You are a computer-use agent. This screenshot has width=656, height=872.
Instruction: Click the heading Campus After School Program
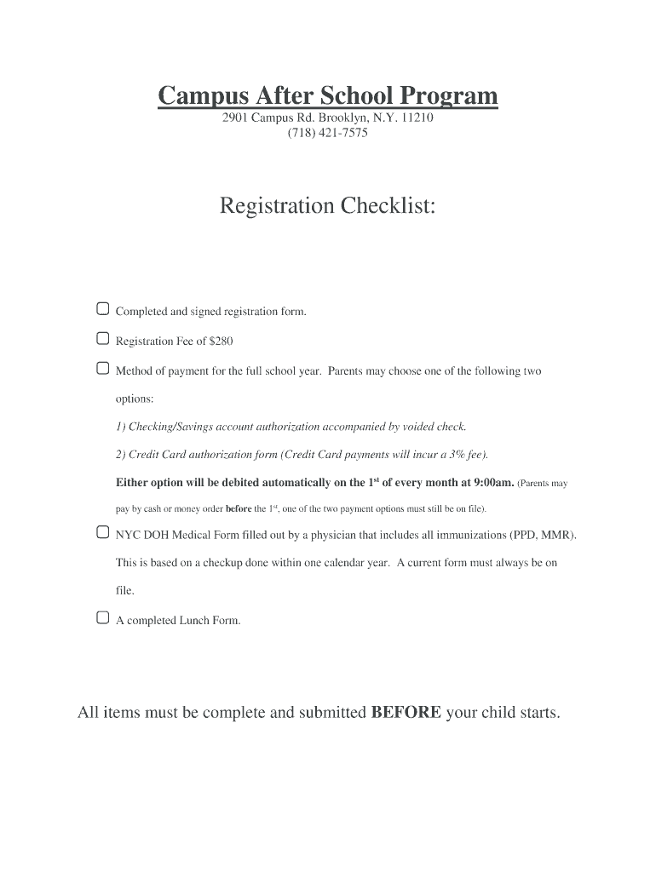click(328, 96)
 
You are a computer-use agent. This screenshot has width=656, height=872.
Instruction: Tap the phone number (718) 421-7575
click(328, 134)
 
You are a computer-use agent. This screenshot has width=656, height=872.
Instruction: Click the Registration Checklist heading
click(328, 206)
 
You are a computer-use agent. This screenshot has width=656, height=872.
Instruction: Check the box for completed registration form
click(102, 308)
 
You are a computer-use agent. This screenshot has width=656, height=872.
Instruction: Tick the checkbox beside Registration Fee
click(102, 339)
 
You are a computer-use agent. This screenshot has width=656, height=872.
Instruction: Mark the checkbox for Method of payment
click(102, 369)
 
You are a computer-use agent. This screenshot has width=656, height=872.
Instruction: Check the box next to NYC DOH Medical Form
click(102, 533)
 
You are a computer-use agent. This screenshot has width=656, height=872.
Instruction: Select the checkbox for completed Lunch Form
click(102, 617)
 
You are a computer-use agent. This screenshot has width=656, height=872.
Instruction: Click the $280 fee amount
click(222, 341)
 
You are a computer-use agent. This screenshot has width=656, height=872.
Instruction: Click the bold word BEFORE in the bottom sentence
click(406, 713)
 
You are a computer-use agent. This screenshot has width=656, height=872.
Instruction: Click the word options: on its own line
click(135, 399)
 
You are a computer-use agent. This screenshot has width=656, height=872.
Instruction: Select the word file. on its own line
click(125, 590)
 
